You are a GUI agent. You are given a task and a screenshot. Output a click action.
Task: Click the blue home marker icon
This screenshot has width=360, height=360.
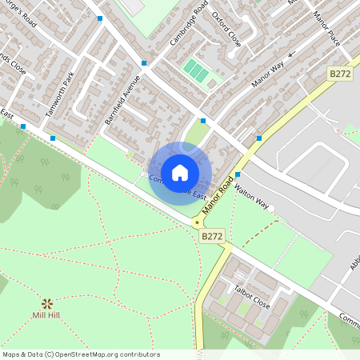point(180,172)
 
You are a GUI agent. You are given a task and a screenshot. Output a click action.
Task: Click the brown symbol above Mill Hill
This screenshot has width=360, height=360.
point(47,303)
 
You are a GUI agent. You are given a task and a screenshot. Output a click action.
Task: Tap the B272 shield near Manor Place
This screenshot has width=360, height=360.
point(339,73)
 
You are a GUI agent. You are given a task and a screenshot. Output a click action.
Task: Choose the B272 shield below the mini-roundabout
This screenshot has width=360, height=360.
point(212,237)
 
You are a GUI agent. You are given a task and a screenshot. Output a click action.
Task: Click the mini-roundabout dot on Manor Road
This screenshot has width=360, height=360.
point(196,222)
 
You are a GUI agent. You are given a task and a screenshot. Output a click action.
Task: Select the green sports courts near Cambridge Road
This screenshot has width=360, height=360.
point(196,72)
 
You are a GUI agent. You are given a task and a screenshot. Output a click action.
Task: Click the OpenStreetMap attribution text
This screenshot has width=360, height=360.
point(81,354)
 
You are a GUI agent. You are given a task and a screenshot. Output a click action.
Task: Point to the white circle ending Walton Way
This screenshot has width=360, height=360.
point(271,210)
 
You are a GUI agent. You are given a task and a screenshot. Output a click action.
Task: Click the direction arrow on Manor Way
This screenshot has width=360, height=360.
point(291,55)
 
